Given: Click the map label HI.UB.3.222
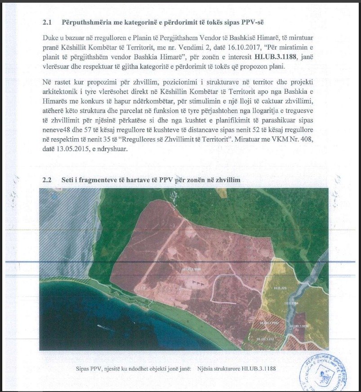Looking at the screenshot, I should click(x=265, y=338).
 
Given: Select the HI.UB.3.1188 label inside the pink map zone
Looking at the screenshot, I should click(x=191, y=269).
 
